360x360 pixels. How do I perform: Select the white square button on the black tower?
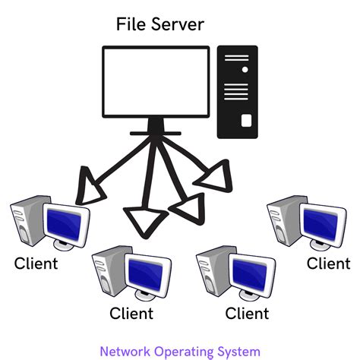(x=245, y=120)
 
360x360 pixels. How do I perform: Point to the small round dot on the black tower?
(x=245, y=69)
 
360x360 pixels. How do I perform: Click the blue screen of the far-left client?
(x=66, y=223)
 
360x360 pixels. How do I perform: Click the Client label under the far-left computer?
(x=36, y=264)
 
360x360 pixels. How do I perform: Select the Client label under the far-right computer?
(x=328, y=264)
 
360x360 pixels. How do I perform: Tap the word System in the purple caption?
(x=239, y=352)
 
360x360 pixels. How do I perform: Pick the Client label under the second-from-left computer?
(x=131, y=313)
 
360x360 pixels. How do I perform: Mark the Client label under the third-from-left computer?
(x=248, y=313)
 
